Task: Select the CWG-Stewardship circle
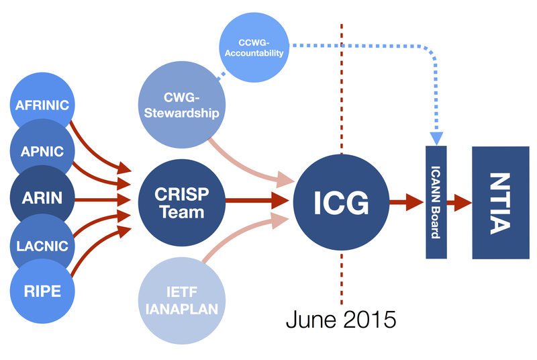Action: pos(182,104)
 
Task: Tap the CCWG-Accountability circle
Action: pos(254,46)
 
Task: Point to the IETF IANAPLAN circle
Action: pos(182,302)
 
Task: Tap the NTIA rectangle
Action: pos(499,202)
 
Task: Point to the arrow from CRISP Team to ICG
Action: pos(258,199)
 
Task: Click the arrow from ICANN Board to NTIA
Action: pos(460,200)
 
